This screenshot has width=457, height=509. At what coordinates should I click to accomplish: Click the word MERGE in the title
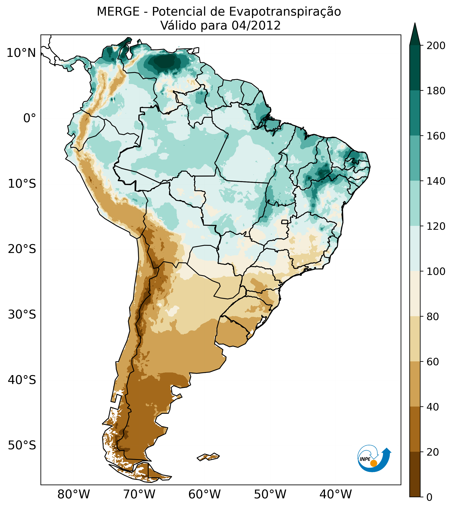[118, 12]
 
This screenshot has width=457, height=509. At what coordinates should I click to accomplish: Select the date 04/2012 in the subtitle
[256, 26]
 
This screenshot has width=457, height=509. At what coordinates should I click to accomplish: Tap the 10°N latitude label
[21, 53]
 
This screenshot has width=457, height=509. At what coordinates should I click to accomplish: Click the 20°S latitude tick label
[22, 249]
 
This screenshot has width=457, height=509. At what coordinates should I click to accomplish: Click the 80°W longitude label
[74, 494]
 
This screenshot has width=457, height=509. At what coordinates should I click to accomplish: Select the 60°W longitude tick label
[205, 494]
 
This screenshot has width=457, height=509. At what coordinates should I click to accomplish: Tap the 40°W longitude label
[336, 494]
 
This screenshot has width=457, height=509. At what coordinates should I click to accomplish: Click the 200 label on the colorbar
[436, 46]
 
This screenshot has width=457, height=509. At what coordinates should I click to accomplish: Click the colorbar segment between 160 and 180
[415, 113]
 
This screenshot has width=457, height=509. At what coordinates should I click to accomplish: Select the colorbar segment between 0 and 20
[415, 474]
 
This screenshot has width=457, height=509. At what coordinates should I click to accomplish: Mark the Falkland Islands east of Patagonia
[208, 457]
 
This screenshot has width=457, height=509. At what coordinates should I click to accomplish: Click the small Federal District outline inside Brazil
[285, 222]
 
